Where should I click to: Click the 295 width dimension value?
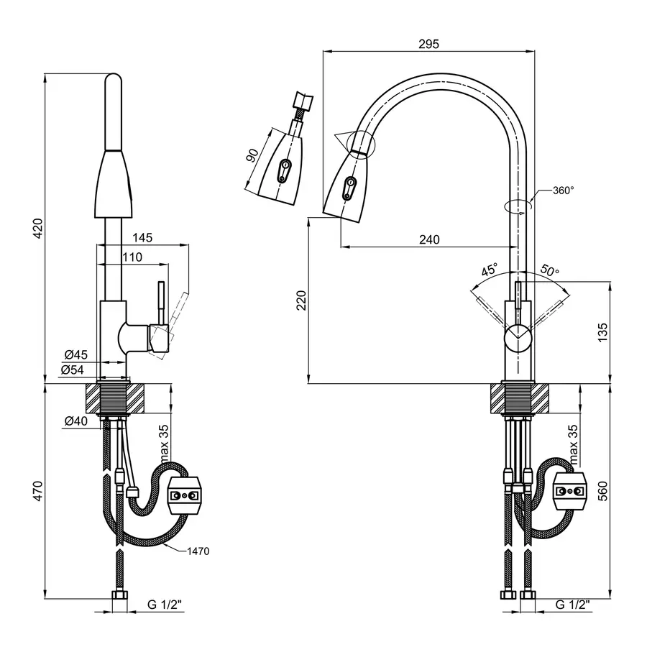point(428,44)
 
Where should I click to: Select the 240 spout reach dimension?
point(429,240)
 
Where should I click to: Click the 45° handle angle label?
point(489,271)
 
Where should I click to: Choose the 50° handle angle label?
point(550,271)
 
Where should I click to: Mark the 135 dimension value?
point(602,331)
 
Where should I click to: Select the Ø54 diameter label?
point(75,370)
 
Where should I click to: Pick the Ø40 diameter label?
point(75,421)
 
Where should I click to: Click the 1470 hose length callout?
point(198,551)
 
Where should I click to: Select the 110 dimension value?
point(132,257)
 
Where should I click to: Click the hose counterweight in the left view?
point(186,495)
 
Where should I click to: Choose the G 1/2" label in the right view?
point(572,605)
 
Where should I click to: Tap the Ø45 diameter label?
point(75,354)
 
